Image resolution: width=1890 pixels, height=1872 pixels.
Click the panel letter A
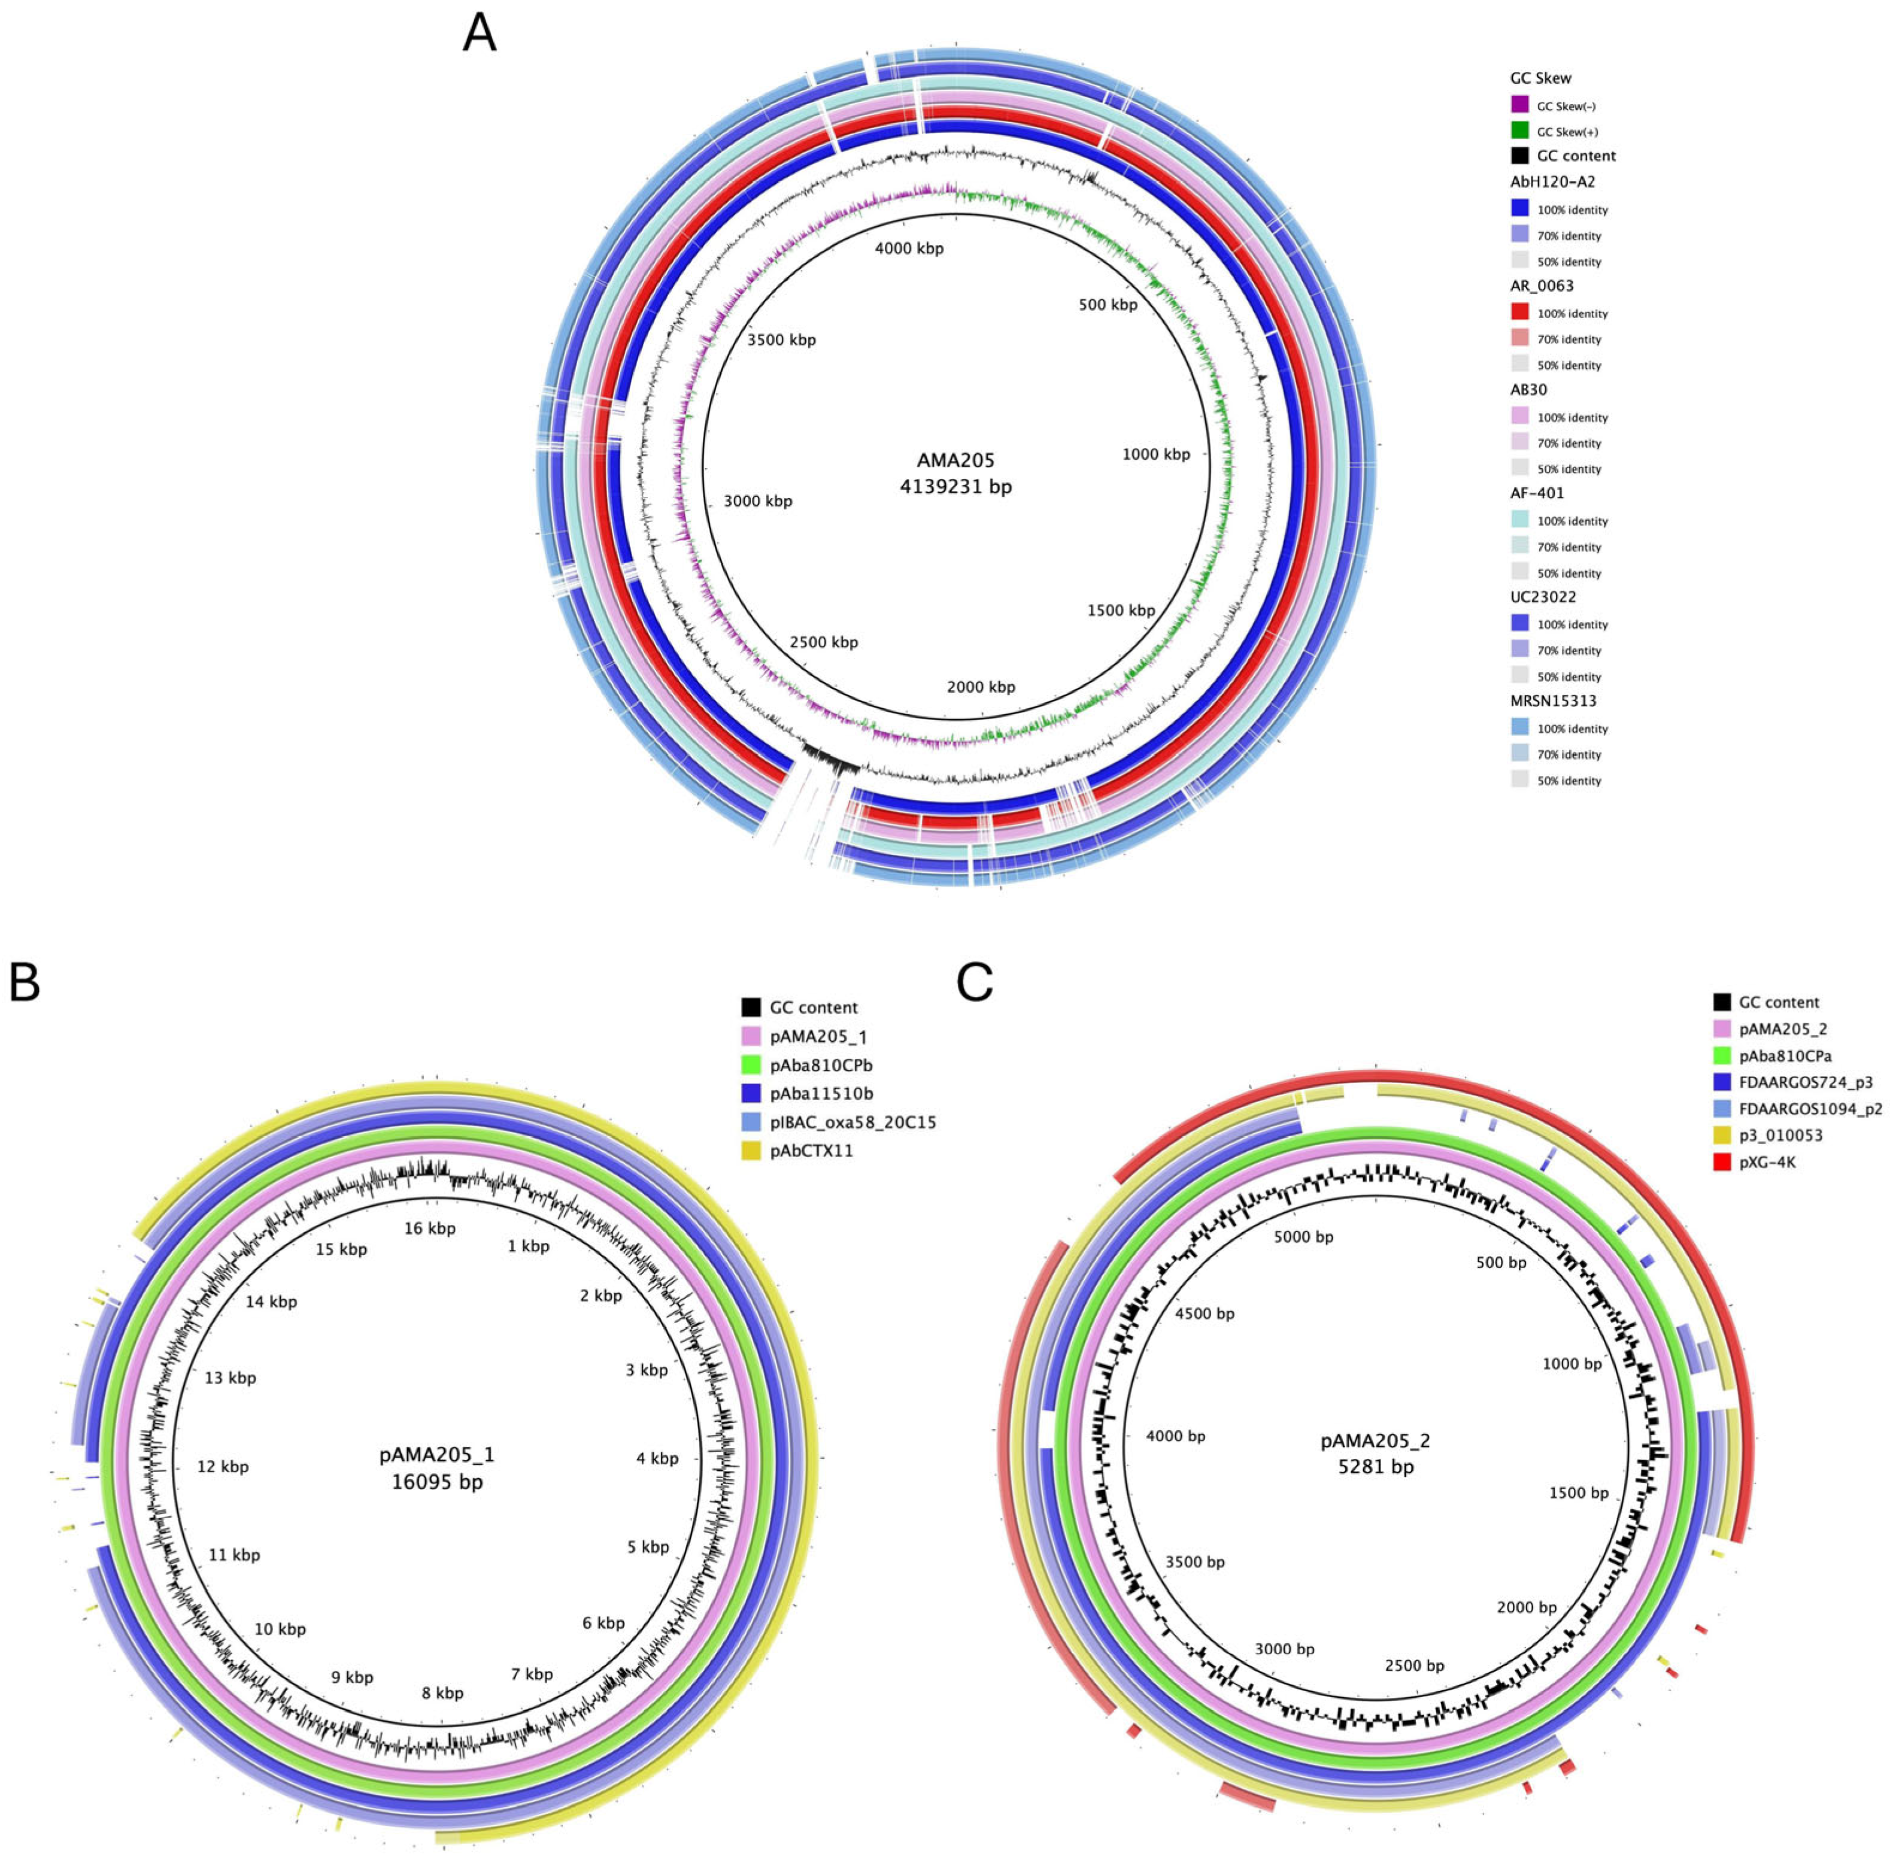click(480, 34)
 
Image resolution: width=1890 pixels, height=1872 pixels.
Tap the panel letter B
click(25, 982)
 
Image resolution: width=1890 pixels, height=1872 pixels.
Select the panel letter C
click(975, 982)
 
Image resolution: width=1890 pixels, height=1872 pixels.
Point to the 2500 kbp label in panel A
click(824, 642)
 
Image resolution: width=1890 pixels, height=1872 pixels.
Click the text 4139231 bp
click(955, 486)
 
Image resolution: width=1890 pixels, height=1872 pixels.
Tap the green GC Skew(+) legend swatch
click(1519, 130)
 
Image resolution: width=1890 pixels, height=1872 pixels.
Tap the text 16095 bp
click(436, 1483)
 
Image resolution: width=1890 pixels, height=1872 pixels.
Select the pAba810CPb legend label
click(820, 1065)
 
